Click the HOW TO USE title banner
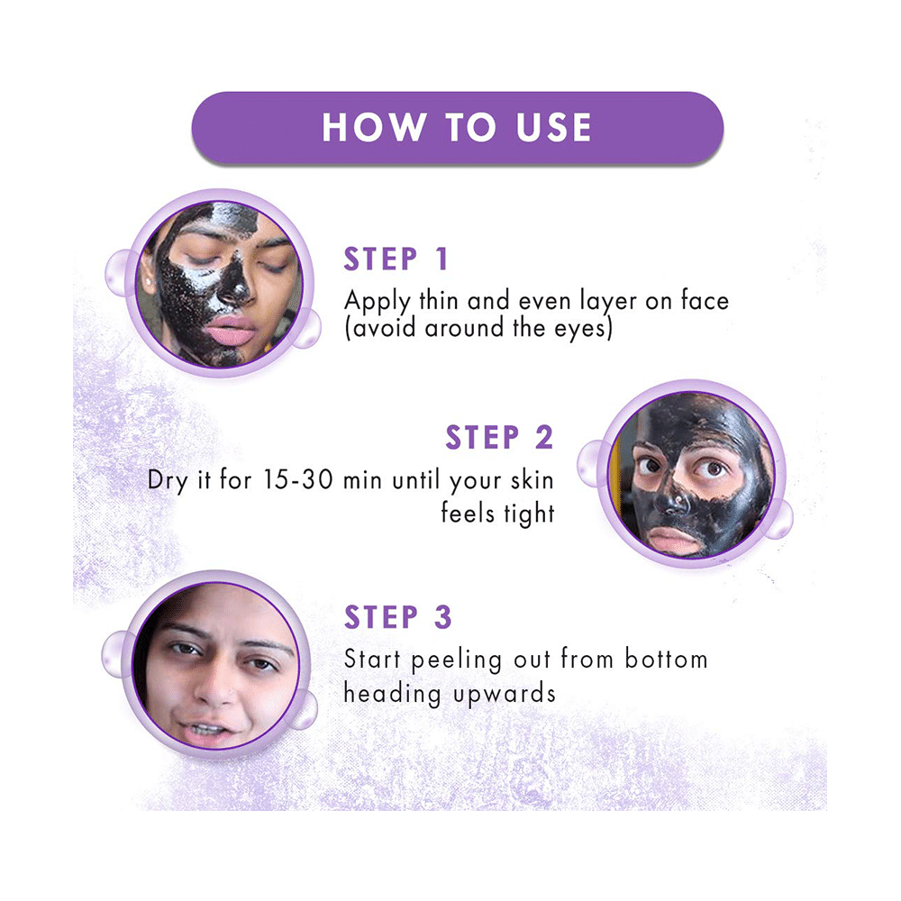[457, 127]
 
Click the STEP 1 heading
[396, 259]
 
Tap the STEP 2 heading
[499, 438]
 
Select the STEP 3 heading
[397, 618]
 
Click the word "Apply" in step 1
[373, 301]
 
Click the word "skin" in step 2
[523, 479]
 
